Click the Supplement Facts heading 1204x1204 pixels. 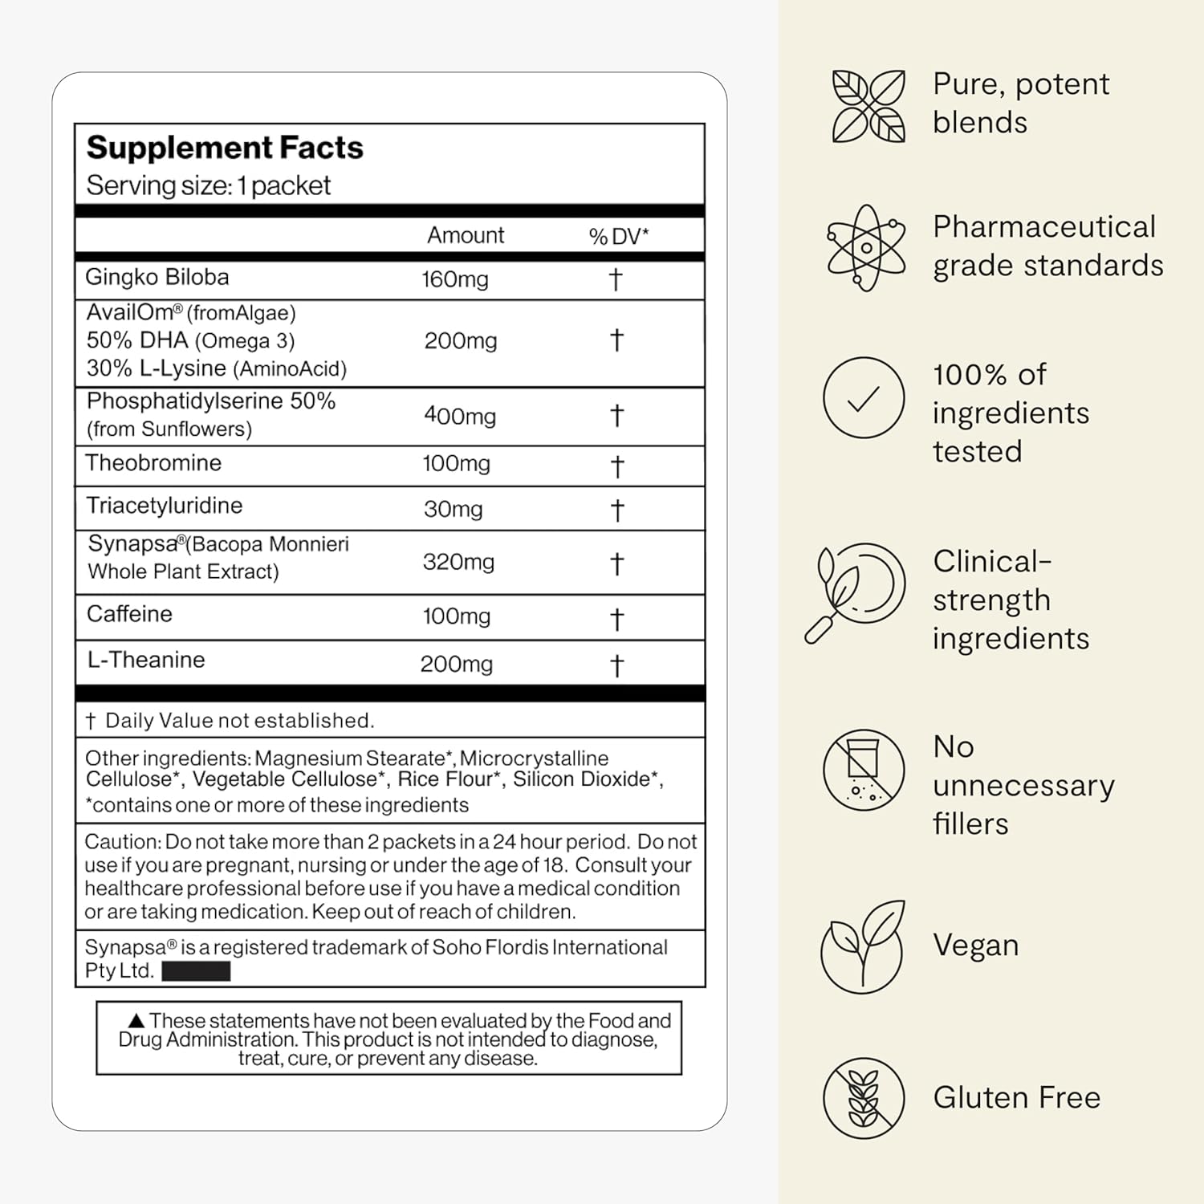(x=225, y=148)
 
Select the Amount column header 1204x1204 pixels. (x=466, y=235)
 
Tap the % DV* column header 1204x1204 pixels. (x=618, y=236)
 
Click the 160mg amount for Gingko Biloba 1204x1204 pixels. (x=455, y=279)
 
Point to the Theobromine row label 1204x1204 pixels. (x=153, y=463)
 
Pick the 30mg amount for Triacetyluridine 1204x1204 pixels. (x=454, y=510)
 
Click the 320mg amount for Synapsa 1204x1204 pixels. (x=458, y=562)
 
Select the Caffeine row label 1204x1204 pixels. (x=129, y=614)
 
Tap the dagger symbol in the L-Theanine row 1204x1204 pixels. (x=616, y=665)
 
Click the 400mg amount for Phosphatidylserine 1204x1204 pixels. (x=460, y=416)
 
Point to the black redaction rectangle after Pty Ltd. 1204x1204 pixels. (x=196, y=971)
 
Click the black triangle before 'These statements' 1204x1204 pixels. (x=136, y=1021)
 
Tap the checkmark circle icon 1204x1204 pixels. (x=864, y=398)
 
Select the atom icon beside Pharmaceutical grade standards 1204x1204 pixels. (x=866, y=247)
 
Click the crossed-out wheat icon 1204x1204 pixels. (x=864, y=1098)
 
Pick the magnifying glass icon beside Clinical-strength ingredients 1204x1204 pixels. (x=856, y=592)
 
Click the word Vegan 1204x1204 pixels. (x=975, y=946)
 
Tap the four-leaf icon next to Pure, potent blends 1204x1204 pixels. (x=868, y=106)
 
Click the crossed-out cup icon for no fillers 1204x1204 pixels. (x=864, y=770)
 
